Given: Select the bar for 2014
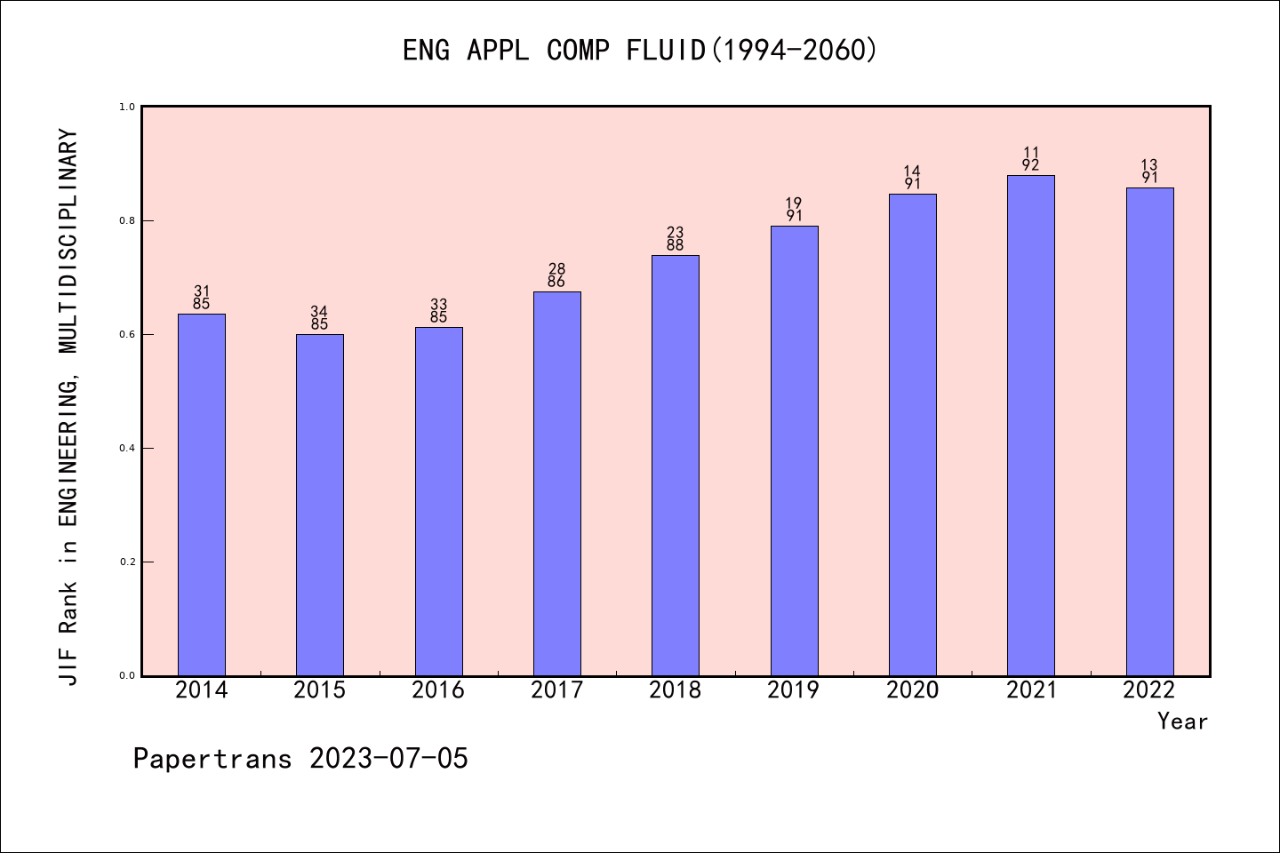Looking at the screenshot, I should [x=202, y=495].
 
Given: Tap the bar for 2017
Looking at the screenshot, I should [x=557, y=483].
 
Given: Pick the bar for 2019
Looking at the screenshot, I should [x=794, y=450].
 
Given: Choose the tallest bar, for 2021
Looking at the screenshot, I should [x=1031, y=426].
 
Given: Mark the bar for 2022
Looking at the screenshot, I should [x=1149, y=432].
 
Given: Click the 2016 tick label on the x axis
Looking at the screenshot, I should [x=438, y=690].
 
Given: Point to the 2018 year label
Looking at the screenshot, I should [x=676, y=690].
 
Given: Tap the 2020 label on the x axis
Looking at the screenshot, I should [x=912, y=690].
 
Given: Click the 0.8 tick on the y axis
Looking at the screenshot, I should [x=125, y=220].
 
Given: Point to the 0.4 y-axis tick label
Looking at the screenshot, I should [x=125, y=448].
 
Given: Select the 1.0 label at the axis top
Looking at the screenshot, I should [x=125, y=107].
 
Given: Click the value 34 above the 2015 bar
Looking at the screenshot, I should [x=319, y=311].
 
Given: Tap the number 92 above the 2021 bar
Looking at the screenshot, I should [x=1031, y=165].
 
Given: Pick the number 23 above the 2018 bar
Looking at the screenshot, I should [x=676, y=233].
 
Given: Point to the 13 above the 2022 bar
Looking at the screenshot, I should [x=1149, y=164].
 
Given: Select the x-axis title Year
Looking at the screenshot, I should [x=1182, y=721].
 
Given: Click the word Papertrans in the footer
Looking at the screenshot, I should [x=212, y=759].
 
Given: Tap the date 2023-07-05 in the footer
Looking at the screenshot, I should [x=388, y=759].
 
